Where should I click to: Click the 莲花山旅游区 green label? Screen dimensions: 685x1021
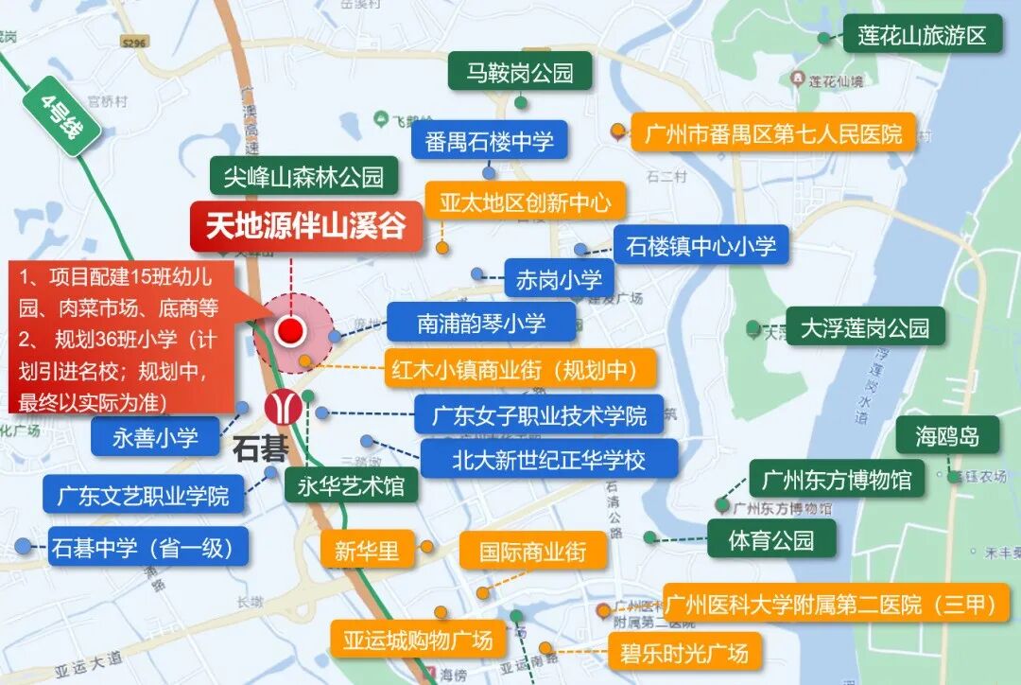point(922,36)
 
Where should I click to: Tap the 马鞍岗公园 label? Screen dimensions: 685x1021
point(520,72)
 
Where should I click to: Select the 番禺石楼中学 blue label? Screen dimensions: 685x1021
point(489,141)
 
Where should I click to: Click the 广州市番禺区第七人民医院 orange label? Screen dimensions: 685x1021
point(773,133)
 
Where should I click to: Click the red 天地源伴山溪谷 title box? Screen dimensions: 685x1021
point(305,226)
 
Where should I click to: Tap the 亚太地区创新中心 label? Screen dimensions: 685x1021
point(525,202)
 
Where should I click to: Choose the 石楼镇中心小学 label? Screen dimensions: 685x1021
point(701,246)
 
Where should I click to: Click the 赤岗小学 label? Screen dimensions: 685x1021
point(559,279)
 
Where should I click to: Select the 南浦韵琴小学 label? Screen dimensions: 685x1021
point(481,323)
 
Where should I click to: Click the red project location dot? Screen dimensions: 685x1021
point(290,330)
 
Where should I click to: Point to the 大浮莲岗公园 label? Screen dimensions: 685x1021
point(864,327)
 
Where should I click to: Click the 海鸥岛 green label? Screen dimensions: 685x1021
point(946,436)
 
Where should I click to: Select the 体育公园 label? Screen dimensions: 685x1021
point(771,540)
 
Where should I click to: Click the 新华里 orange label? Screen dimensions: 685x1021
point(367,551)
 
